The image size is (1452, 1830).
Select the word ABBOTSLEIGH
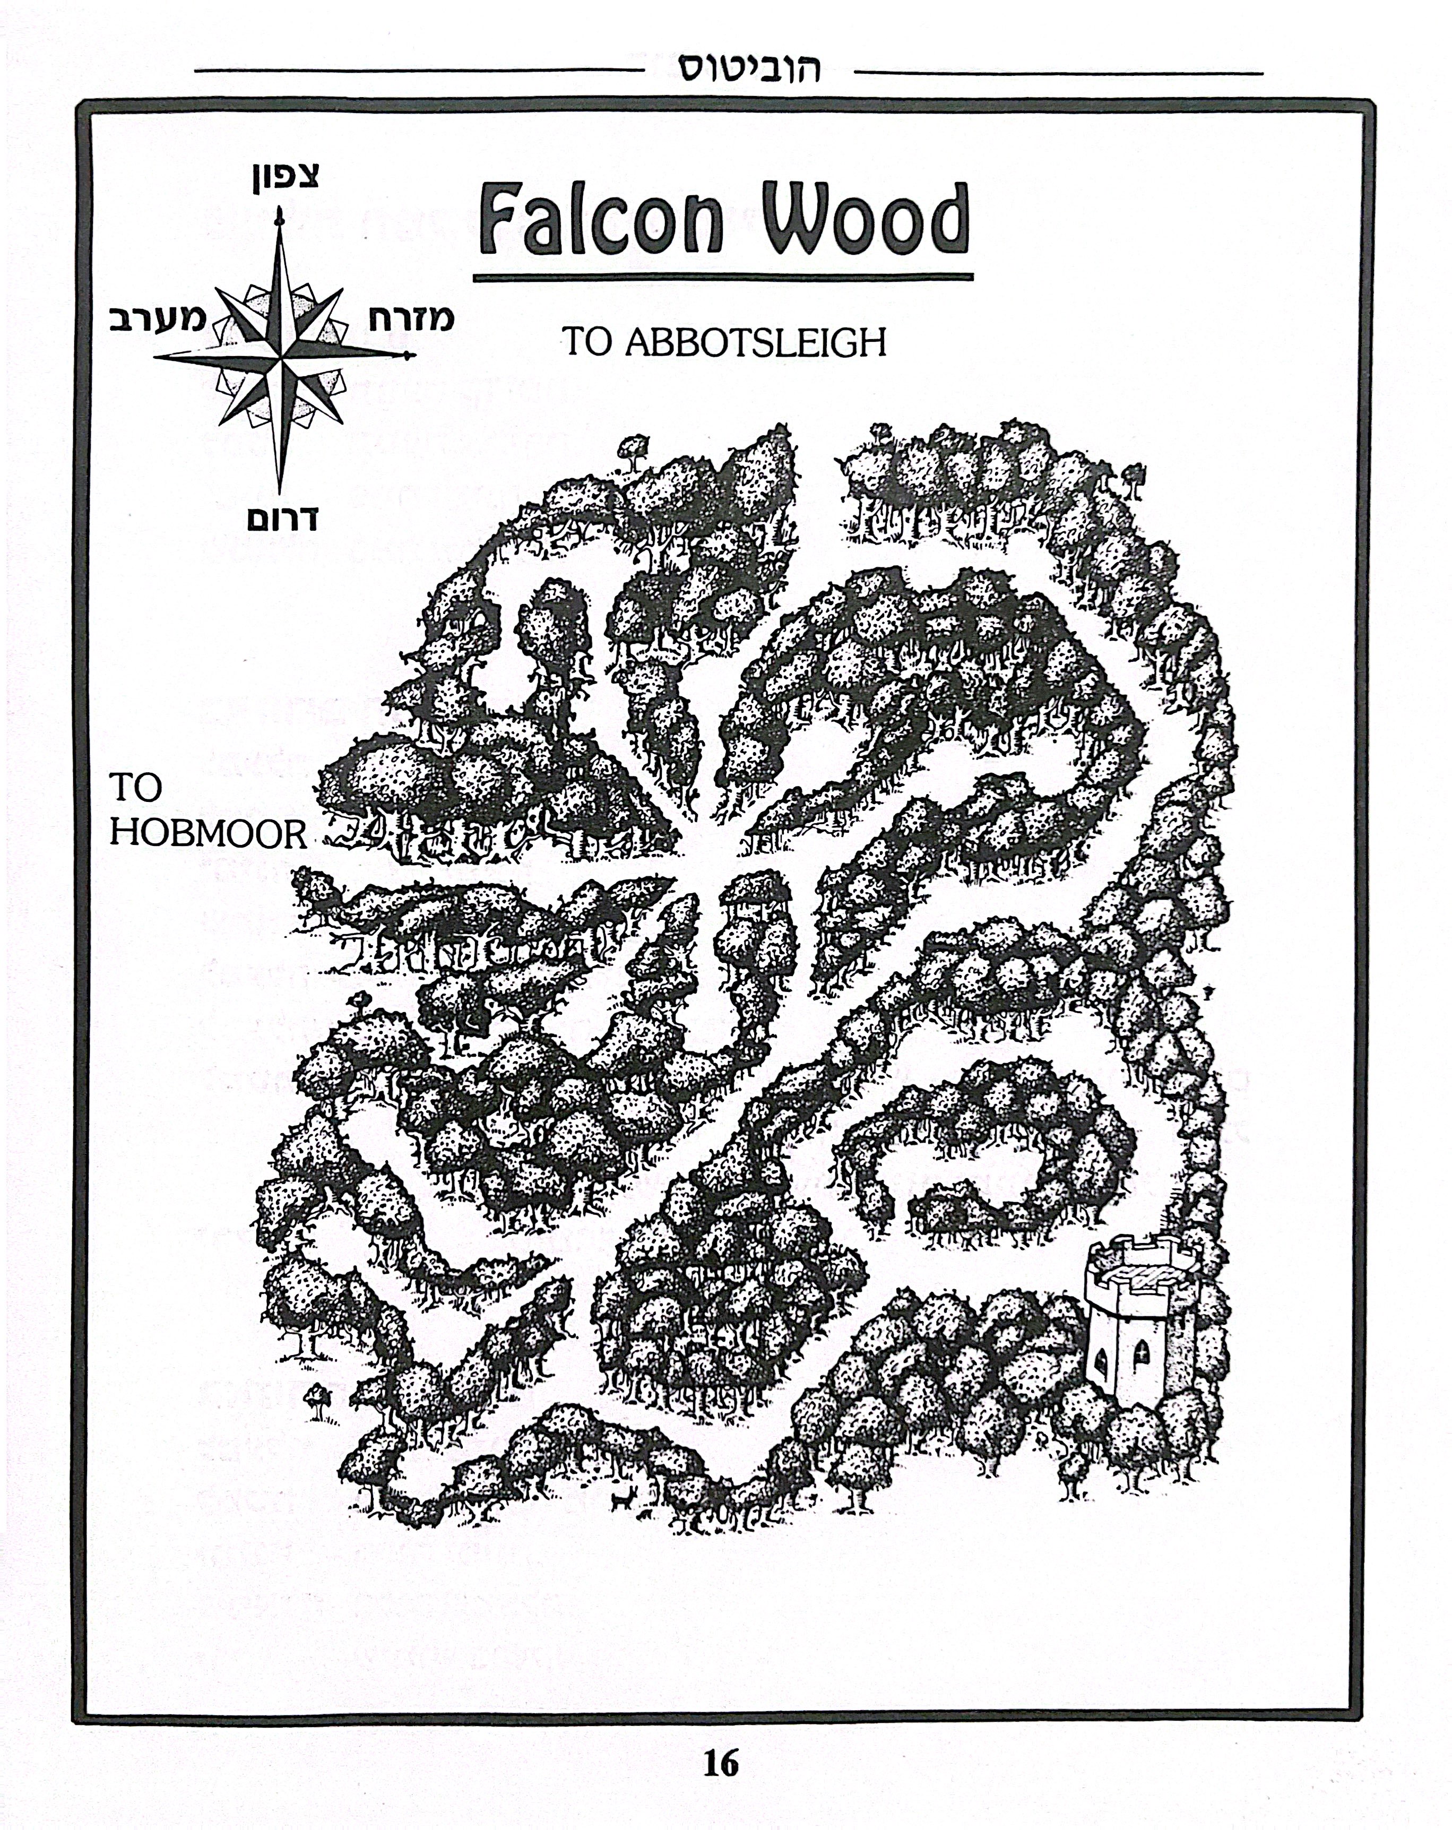point(755,343)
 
